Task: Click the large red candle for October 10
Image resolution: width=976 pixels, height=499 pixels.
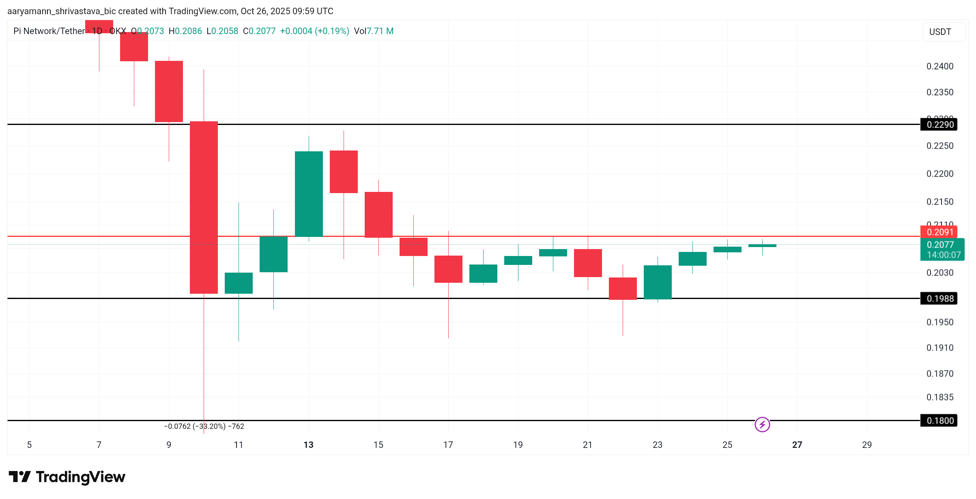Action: [204, 207]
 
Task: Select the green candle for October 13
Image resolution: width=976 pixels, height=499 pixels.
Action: [309, 194]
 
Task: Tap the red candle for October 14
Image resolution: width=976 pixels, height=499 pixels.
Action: [344, 172]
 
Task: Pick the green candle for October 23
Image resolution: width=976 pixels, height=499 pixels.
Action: [658, 282]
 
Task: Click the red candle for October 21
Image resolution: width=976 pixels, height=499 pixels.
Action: [588, 263]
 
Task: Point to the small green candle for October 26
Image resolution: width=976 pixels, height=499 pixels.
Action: [762, 245]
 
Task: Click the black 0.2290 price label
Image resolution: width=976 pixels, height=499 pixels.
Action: [939, 125]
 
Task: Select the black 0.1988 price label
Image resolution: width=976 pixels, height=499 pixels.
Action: [939, 299]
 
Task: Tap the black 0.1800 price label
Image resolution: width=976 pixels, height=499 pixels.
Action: [939, 421]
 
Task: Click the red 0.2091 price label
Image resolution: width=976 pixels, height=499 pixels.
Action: [939, 232]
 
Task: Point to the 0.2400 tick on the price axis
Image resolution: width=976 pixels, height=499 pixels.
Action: [939, 66]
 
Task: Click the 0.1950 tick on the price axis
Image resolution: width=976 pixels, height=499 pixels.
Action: [939, 322]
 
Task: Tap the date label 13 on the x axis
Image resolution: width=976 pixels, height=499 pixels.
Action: [308, 445]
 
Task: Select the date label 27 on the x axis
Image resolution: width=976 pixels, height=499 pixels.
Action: [797, 445]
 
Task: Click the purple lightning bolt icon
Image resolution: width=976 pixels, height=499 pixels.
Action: [762, 425]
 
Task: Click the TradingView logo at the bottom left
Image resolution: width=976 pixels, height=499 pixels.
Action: [67, 477]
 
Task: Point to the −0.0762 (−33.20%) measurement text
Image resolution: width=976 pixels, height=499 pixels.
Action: [204, 426]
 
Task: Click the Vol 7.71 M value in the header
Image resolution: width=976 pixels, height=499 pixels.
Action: [374, 31]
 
